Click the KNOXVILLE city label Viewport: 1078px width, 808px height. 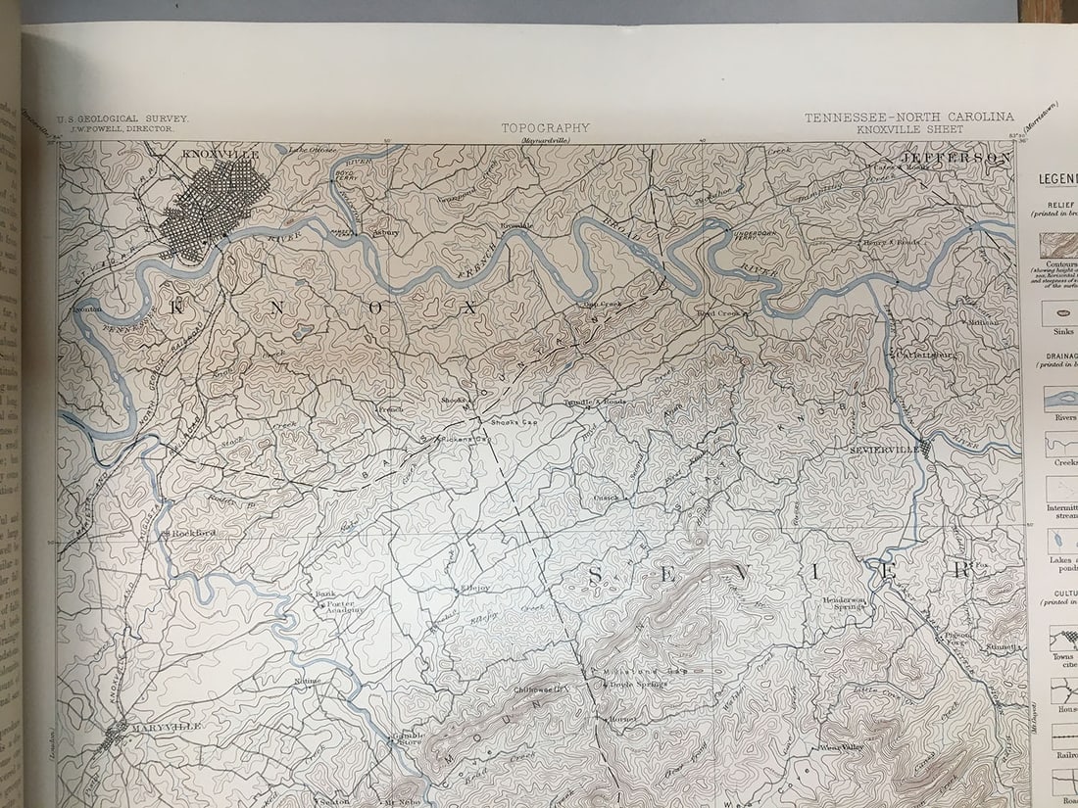pos(221,154)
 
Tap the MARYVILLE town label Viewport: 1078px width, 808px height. pos(165,726)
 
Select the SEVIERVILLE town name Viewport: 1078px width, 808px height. pos(885,449)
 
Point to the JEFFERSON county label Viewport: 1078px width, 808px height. pos(955,157)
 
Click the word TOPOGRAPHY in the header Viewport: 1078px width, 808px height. pos(546,127)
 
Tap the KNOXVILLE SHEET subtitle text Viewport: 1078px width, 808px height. pos(908,129)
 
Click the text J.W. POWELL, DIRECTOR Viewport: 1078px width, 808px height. pos(116,128)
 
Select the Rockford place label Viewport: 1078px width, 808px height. pos(193,533)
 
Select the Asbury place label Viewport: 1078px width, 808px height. pos(385,233)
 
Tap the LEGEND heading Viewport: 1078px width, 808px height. pos(1057,179)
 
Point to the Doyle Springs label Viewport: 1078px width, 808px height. pos(637,684)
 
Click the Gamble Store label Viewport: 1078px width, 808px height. pos(409,737)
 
